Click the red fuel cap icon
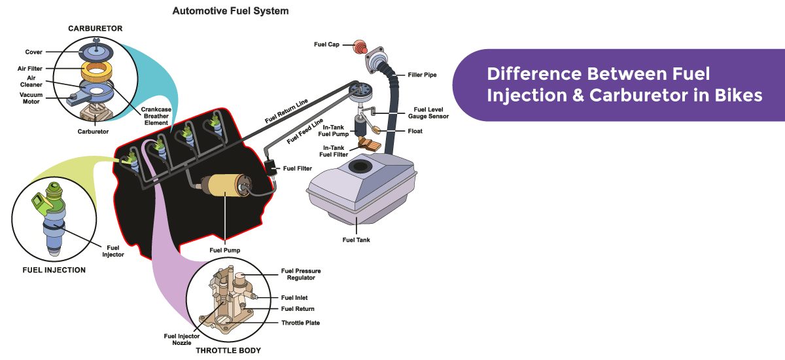(x=358, y=46)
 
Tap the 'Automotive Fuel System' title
(x=230, y=11)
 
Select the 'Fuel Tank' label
(x=356, y=240)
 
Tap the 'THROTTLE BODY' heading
(x=228, y=351)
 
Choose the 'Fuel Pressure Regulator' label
(x=301, y=274)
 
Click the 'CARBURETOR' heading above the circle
(x=95, y=29)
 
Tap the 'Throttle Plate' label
(x=300, y=323)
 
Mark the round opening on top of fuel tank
(x=358, y=166)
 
